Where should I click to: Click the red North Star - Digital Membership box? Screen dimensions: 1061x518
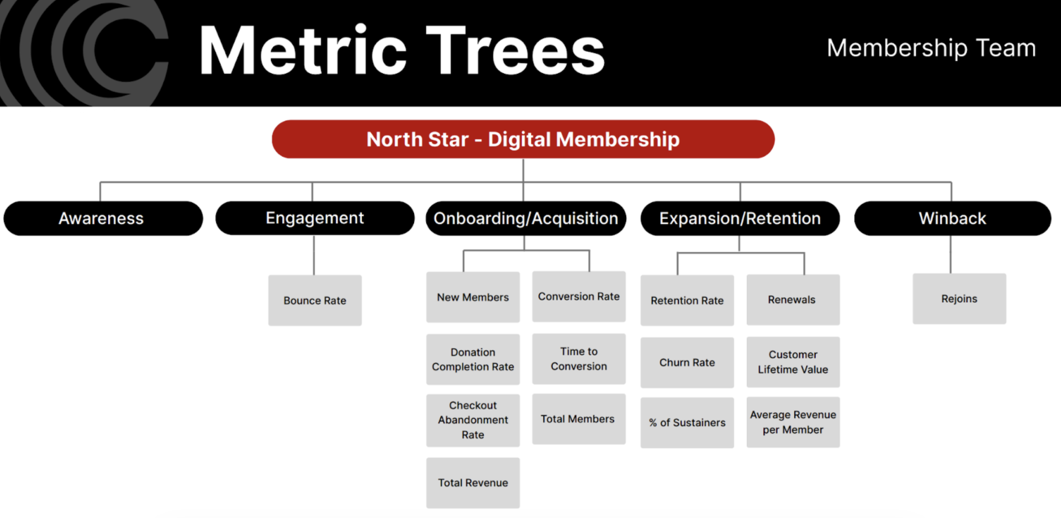pyautogui.click(x=523, y=139)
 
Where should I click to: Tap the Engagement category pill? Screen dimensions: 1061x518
pyautogui.click(x=314, y=218)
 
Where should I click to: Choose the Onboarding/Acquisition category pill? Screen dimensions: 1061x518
pyautogui.click(x=525, y=218)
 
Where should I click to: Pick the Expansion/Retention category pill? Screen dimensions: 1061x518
pyautogui.click(x=740, y=218)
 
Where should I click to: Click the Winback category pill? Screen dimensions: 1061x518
pyautogui.click(x=952, y=218)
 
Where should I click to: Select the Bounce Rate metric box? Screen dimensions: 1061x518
pyautogui.click(x=314, y=300)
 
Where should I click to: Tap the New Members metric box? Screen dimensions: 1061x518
pyautogui.click(x=473, y=297)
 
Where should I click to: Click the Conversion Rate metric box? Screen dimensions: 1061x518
pyautogui.click(x=578, y=296)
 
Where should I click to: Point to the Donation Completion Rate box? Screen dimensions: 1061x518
pyautogui.click(x=473, y=359)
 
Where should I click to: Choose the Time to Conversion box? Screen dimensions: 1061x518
pyautogui.click(x=578, y=359)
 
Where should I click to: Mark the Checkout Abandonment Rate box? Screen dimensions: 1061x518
pyautogui.click(x=473, y=420)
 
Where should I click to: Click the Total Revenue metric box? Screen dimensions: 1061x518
pyautogui.click(x=473, y=482)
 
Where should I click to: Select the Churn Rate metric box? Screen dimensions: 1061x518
pyautogui.click(x=687, y=362)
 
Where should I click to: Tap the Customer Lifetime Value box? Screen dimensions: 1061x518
pyautogui.click(x=793, y=362)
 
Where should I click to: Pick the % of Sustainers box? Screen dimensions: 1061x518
pyautogui.click(x=687, y=422)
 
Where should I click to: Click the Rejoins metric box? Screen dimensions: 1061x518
pyautogui.click(x=959, y=298)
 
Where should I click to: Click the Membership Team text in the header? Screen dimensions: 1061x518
pyautogui.click(x=931, y=48)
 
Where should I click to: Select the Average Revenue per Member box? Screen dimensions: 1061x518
pyautogui.click(x=793, y=422)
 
